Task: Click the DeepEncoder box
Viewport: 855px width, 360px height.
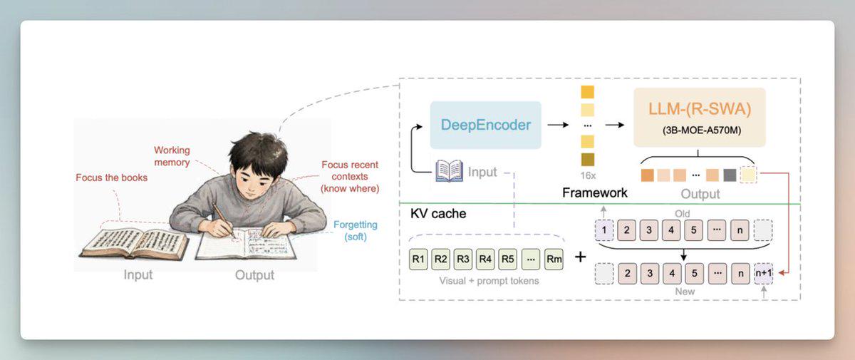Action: [x=485, y=125]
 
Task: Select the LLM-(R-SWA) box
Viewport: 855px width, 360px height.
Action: [x=700, y=117]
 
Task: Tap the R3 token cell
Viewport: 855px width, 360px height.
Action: [x=463, y=259]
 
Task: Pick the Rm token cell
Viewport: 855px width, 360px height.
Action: [x=554, y=259]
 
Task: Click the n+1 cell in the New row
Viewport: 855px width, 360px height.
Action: [x=764, y=273]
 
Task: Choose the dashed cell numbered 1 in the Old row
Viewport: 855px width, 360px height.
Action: [x=604, y=230]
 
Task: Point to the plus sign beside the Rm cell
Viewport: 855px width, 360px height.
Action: [x=580, y=257]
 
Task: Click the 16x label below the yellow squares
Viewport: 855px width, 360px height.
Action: [x=588, y=175]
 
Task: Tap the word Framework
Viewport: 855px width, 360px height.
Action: [x=595, y=192]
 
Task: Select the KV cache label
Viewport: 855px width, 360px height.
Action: [x=438, y=213]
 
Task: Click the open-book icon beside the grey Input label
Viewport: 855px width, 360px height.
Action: [x=450, y=170]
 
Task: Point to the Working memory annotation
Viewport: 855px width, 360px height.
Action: [x=172, y=156]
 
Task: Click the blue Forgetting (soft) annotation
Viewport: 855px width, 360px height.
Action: [x=356, y=230]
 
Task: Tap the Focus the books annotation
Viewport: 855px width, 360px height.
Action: [x=111, y=178]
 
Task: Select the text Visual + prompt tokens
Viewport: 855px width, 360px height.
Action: [x=489, y=281]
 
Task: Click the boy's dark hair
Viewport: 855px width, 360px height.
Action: [x=259, y=151]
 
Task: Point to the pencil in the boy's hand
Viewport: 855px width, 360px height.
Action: [x=223, y=220]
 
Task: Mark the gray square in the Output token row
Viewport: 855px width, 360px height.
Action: [x=730, y=175]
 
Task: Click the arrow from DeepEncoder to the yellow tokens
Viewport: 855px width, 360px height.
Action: [x=558, y=125]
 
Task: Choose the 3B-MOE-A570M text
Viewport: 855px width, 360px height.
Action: [x=702, y=130]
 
